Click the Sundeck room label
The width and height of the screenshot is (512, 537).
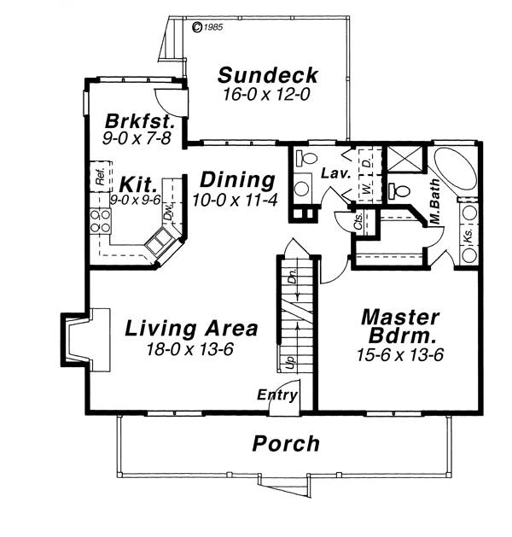pos(268,75)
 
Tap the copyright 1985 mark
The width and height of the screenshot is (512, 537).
pos(207,27)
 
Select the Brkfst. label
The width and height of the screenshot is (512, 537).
pos(138,121)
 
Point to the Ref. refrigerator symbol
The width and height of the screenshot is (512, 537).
pos(101,177)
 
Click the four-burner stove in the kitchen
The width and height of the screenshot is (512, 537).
pos(101,221)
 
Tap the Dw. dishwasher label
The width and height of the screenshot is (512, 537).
pos(168,212)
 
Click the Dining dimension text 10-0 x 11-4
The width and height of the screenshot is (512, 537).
pos(235,200)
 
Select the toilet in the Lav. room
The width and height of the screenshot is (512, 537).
pos(306,158)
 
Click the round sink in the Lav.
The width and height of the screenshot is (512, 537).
pos(301,189)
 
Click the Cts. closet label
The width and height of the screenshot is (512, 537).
pos(358,222)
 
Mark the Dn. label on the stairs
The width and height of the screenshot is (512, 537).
pos(292,275)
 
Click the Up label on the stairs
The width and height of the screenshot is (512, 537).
pos(290,362)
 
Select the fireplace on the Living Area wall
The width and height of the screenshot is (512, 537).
pos(85,340)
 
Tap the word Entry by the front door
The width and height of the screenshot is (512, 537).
pos(277,395)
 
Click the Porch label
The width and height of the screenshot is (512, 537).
pos(286,443)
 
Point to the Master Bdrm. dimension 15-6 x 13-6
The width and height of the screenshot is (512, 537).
pos(399,355)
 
